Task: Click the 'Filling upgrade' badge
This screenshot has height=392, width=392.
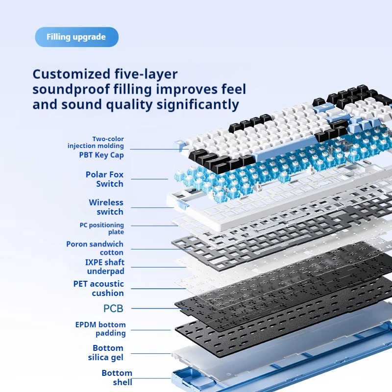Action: pyautogui.click(x=77, y=37)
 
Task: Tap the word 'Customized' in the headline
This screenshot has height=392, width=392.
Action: pyautogui.click(x=72, y=74)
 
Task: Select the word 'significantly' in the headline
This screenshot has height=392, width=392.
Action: pyautogui.click(x=197, y=105)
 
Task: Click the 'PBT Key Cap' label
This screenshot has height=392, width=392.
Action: pyautogui.click(x=101, y=155)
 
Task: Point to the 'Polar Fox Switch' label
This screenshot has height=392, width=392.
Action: pyautogui.click(x=104, y=179)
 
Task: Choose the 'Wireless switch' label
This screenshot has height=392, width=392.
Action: pyautogui.click(x=106, y=207)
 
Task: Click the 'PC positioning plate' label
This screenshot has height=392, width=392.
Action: pyautogui.click(x=102, y=228)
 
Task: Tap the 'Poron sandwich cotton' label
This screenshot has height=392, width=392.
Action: pyautogui.click(x=95, y=248)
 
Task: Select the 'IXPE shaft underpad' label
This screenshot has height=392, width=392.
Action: pyautogui.click(x=105, y=267)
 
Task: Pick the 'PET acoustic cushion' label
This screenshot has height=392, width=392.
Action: pyautogui.click(x=98, y=288)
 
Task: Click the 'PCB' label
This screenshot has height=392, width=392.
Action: pyautogui.click(x=114, y=309)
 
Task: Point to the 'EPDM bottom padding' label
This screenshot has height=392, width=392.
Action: pyautogui.click(x=100, y=329)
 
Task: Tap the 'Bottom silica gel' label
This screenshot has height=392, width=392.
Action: pyautogui.click(x=106, y=352)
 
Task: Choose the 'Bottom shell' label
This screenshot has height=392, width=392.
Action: pyautogui.click(x=117, y=377)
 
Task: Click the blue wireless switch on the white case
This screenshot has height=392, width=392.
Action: pyautogui.click(x=183, y=204)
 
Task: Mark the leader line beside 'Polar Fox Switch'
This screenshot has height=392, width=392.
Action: pyautogui.click(x=149, y=179)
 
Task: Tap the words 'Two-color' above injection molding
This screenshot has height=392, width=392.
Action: pyautogui.click(x=108, y=139)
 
